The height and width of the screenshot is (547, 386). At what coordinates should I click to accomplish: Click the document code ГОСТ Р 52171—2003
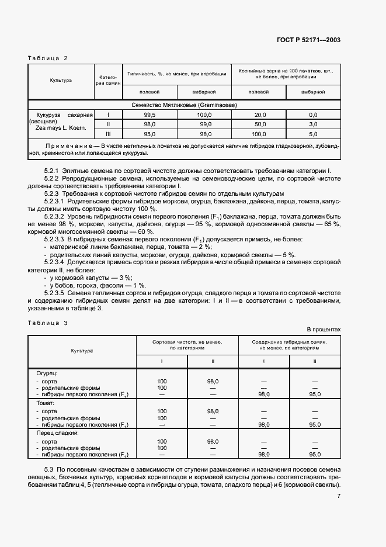309,40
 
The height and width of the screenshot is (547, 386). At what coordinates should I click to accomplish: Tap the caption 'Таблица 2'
48,58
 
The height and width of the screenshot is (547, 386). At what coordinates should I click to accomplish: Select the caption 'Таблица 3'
48,323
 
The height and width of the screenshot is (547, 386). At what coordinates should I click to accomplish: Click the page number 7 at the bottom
339,497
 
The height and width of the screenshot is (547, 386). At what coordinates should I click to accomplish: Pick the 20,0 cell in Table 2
260,115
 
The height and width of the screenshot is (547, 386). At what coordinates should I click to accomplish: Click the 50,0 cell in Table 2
260,124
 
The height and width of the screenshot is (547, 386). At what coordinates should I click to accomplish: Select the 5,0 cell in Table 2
313,134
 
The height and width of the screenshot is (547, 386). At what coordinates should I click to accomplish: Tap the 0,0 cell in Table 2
313,115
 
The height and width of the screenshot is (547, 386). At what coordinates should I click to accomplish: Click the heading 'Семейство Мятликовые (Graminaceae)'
185,105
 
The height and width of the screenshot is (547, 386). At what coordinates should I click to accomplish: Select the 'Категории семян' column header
109,80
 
